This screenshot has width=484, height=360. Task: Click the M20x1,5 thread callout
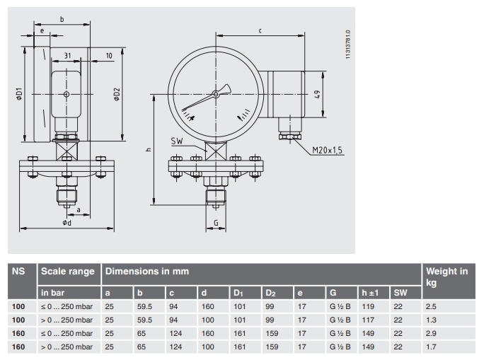(328, 150)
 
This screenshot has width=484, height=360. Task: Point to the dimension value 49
(318, 94)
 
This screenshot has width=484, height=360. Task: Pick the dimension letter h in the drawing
(147, 150)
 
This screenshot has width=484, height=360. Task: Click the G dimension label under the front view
(215, 223)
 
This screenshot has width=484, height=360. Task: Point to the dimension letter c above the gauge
(260, 30)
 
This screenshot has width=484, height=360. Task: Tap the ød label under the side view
(67, 223)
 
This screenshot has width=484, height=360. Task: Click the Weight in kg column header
(446, 277)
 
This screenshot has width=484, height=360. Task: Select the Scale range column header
(68, 272)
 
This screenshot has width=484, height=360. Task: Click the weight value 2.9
(431, 332)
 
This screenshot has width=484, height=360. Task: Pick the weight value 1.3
(431, 320)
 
